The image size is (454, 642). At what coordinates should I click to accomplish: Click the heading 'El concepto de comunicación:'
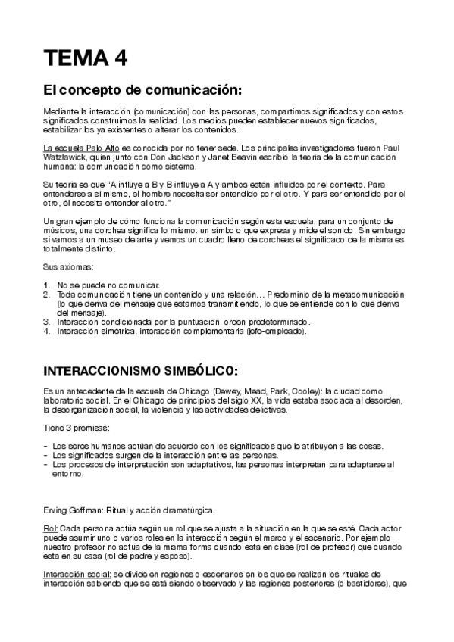click(142, 92)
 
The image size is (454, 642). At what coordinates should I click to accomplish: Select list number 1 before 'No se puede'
click(46, 283)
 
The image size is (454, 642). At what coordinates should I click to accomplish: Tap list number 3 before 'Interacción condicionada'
click(46, 322)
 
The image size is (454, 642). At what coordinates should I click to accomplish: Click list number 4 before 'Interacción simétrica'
click(46, 332)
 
